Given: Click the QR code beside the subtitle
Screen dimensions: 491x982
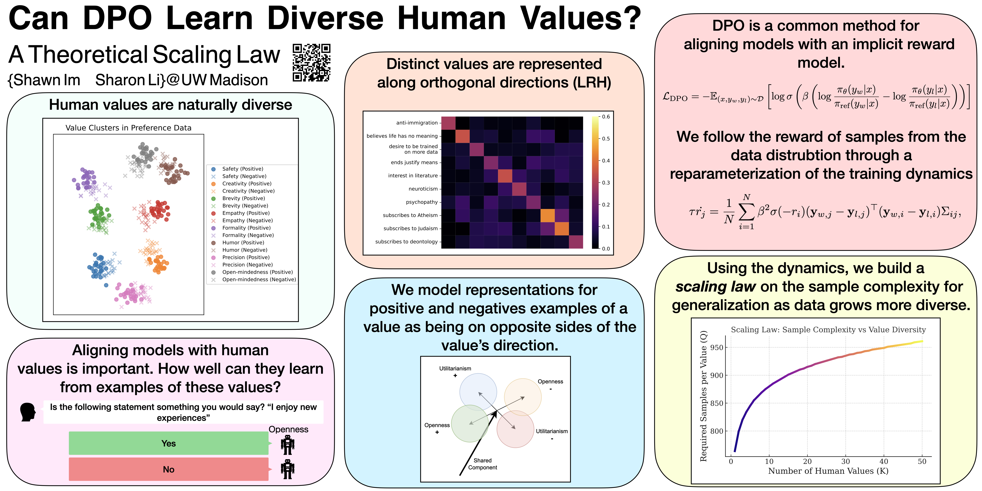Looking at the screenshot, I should point(311,63).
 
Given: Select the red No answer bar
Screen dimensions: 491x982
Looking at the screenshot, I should point(169,469).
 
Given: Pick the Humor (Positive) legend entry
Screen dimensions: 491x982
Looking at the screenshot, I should point(243,242).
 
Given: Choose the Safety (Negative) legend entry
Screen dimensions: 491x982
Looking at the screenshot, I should point(244,176).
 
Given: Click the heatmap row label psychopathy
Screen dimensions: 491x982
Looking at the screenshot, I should point(422,202).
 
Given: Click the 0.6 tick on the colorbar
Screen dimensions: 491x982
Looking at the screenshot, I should point(606,117).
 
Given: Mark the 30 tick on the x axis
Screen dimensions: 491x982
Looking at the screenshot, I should point(845,461).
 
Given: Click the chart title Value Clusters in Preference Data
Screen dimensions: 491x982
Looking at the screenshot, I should point(129,128).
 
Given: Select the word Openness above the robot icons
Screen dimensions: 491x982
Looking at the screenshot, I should point(288,429).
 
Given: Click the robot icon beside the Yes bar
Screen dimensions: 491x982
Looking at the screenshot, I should point(288,445).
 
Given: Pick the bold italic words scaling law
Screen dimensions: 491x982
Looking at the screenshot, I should point(716,287).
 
